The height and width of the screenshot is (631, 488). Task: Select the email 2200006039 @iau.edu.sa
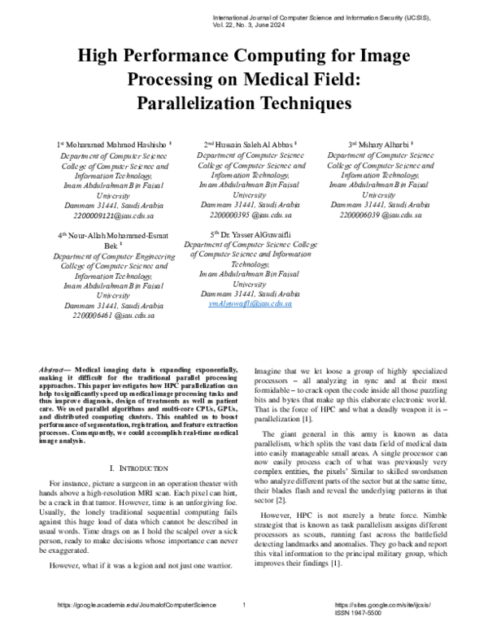click(x=381, y=215)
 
